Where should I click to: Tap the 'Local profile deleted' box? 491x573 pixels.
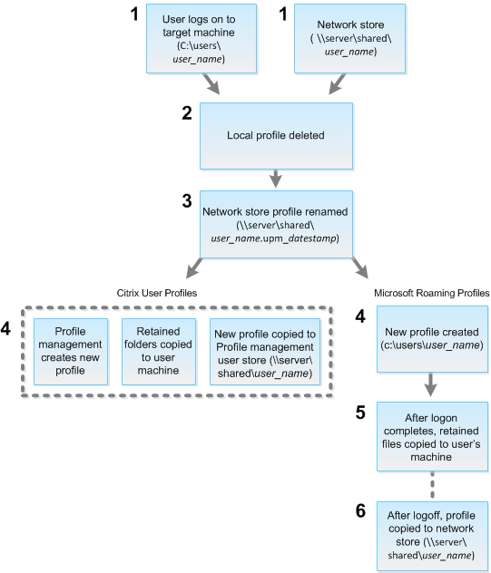point(275,135)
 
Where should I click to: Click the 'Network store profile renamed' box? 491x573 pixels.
point(275,225)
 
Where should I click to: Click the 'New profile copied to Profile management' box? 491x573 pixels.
point(264,351)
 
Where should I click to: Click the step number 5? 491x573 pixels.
point(360,412)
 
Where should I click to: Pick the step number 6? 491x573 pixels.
point(360,511)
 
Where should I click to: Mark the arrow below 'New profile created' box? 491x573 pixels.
point(432,384)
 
